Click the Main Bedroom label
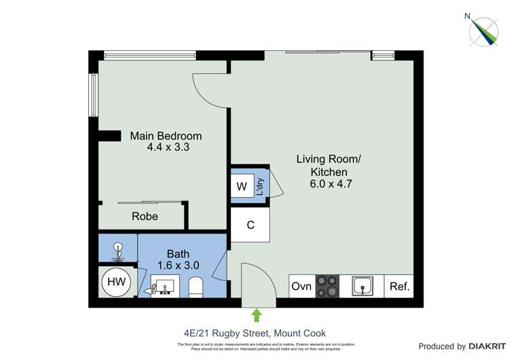(x=166, y=136)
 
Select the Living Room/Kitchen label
(x=329, y=166)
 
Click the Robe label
(x=145, y=217)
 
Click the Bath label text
(x=178, y=254)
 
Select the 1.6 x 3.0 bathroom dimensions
(x=178, y=266)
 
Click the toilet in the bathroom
(x=195, y=287)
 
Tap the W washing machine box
(x=242, y=186)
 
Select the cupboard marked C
(x=250, y=225)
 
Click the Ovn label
(x=301, y=287)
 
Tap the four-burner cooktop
(x=328, y=286)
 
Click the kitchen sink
(x=363, y=286)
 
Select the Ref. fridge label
(x=400, y=287)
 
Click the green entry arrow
(x=257, y=315)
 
